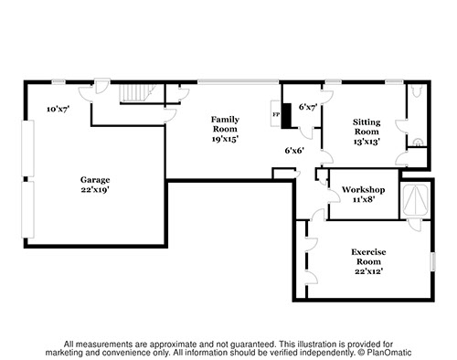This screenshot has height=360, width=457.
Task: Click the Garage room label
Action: coord(95,180)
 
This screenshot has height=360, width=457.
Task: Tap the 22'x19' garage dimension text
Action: coord(95,189)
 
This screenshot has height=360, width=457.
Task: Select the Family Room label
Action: coord(225,124)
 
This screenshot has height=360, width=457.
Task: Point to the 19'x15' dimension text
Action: coord(225,139)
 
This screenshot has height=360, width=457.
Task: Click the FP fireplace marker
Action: coord(276,114)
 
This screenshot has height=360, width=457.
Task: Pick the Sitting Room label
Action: coord(367,127)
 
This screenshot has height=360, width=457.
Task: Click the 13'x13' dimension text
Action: coord(367,142)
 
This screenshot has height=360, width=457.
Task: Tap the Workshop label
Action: coord(364,190)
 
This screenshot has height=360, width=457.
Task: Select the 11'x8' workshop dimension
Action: coord(364,200)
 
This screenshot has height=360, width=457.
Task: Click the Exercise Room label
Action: coord(368,257)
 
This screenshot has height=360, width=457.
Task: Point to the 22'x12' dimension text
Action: coord(368,271)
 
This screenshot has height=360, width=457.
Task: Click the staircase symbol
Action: coord(134,93)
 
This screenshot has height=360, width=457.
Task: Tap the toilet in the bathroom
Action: coord(417,90)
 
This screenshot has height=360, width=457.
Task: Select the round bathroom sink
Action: coord(419,143)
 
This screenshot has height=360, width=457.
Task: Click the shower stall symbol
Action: coord(416,198)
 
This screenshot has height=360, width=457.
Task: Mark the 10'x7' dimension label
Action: coord(58,109)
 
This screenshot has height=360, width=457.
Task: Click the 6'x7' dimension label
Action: coord(308,107)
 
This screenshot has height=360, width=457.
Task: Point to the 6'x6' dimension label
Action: coord(294,151)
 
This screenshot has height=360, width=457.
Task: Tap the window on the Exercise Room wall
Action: coord(433,261)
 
